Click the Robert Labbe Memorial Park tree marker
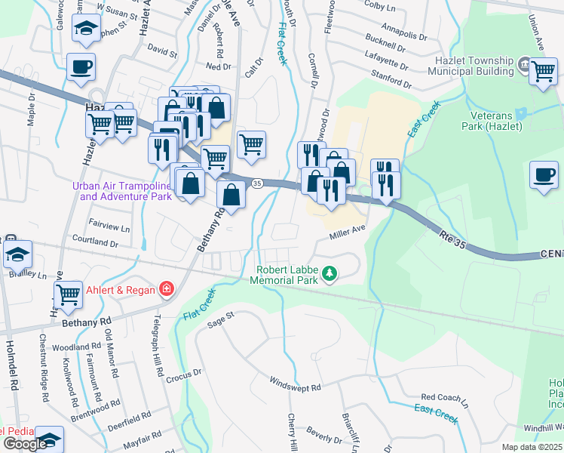(x=329, y=273)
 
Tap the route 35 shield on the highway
(x=257, y=183)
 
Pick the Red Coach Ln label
(x=444, y=397)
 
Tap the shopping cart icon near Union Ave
(x=543, y=72)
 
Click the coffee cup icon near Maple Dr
(x=81, y=66)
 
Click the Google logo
(x=24, y=444)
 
